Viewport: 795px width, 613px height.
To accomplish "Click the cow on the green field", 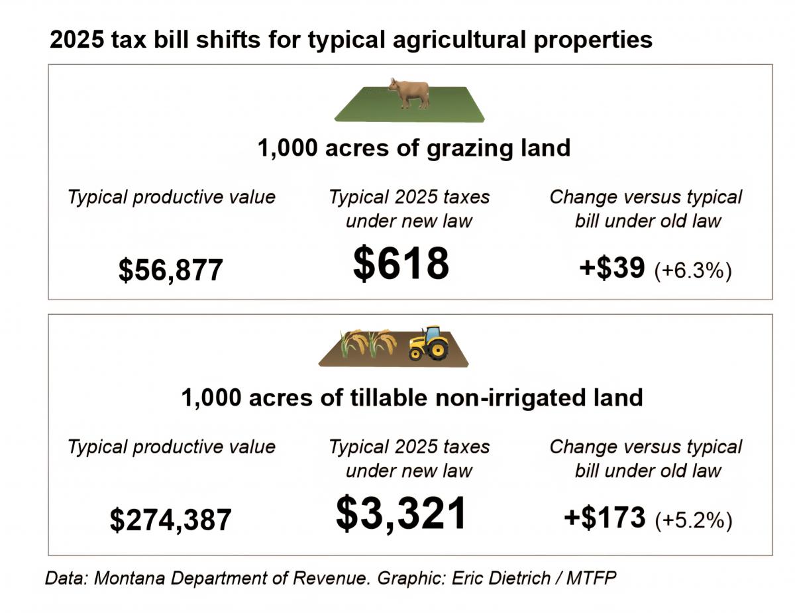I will [409, 93].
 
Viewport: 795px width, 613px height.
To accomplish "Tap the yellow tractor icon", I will [428, 343].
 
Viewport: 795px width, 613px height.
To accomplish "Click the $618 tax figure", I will [401, 263].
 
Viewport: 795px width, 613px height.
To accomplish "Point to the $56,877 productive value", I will [170, 270].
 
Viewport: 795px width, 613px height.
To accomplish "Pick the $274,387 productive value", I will [170, 520].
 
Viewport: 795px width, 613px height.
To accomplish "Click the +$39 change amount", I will [611, 268].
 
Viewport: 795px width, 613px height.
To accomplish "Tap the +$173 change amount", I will [604, 518].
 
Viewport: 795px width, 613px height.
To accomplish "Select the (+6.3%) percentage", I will [692, 270].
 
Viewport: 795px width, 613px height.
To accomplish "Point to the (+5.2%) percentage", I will [693, 520].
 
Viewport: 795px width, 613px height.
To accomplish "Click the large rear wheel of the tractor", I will [437, 349].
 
